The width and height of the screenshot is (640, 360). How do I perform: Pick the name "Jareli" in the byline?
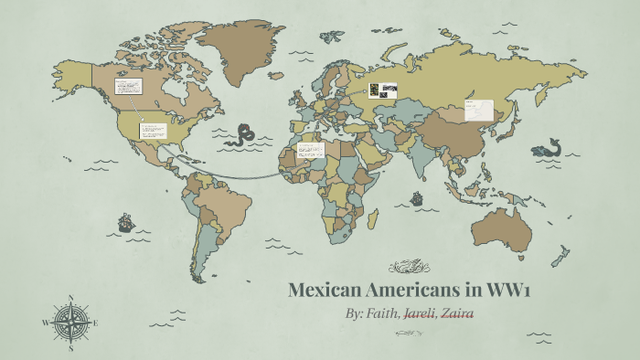[x=414, y=313]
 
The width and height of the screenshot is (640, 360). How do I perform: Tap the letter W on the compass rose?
[x=46, y=323]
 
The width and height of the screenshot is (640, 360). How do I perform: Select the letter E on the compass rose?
[x=96, y=323]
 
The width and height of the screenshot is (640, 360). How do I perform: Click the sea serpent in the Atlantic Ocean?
[x=243, y=134]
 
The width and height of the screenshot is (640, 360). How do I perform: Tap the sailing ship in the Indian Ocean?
[x=416, y=197]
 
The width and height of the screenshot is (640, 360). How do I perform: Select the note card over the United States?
[x=152, y=131]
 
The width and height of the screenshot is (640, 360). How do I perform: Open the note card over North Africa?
[x=311, y=150]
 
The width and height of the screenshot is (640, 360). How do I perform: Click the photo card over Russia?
[x=383, y=90]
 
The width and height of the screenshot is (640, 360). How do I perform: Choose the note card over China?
[x=478, y=110]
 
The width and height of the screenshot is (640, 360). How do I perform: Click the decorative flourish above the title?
[x=410, y=268]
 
